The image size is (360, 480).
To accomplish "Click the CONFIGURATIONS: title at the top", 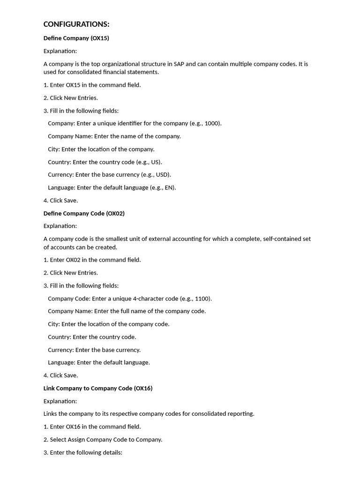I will coord(76,24).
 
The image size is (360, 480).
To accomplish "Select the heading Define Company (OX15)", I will coord(76,38).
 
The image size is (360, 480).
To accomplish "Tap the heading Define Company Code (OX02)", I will coord(84,213).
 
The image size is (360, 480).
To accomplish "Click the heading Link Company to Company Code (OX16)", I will coord(98,388).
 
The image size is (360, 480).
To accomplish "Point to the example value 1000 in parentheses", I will coord(212,123).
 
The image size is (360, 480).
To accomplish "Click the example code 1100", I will coord(202,299).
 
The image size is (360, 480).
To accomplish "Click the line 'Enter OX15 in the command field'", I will coord(92,85).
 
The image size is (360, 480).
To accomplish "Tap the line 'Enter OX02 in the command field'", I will coord(92,260).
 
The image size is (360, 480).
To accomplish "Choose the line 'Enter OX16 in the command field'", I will coord(92,427).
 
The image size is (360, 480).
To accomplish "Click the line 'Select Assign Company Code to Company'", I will coord(103,440).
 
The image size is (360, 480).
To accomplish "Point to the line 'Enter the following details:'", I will coord(83,452).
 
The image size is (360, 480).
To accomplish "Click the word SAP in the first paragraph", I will coord(179,64).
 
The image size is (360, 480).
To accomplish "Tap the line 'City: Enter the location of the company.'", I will coord(101,149).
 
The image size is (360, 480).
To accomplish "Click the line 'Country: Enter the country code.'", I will coord(92,337).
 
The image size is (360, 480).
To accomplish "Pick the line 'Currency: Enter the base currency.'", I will coord(94,350).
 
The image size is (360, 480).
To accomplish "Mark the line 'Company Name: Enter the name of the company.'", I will coord(114,136).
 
